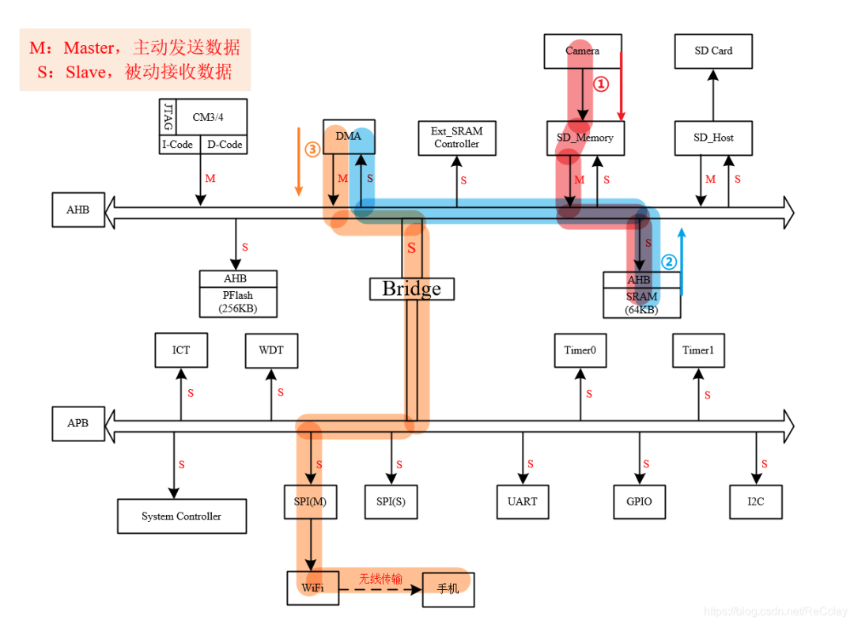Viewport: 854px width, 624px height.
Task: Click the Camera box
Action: (x=583, y=51)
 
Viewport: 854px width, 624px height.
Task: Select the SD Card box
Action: (x=713, y=51)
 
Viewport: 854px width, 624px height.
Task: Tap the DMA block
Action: (x=349, y=137)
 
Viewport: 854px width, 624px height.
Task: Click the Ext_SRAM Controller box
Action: (x=456, y=138)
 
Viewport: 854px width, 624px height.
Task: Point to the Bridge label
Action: (x=411, y=289)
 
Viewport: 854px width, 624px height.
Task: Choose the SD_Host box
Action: (x=713, y=138)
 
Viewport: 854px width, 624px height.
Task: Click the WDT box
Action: (x=271, y=350)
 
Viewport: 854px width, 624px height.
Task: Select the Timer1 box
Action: (x=699, y=350)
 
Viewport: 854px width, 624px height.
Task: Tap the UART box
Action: (x=523, y=501)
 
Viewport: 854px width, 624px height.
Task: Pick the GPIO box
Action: (x=639, y=501)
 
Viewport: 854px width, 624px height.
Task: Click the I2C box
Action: (x=756, y=501)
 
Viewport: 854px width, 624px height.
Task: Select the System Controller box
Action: (x=182, y=516)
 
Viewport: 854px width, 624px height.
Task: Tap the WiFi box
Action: (x=312, y=588)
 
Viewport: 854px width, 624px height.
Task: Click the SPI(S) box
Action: (x=391, y=501)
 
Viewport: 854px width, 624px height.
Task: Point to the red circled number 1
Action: (x=602, y=83)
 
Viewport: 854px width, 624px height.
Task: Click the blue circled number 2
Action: (x=669, y=262)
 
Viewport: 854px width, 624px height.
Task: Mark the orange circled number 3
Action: (x=312, y=149)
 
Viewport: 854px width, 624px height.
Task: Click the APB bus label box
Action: (x=78, y=423)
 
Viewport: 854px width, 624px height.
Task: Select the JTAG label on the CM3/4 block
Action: (x=168, y=117)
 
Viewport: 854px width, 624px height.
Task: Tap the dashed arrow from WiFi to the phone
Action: (x=380, y=588)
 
